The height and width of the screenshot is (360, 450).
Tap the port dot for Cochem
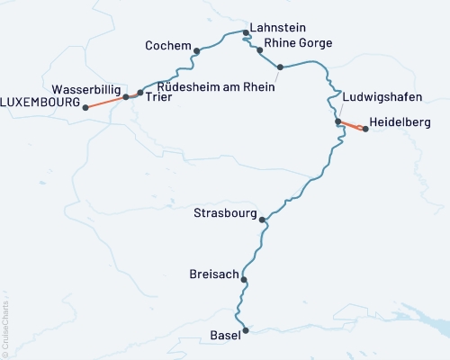pos(196,50)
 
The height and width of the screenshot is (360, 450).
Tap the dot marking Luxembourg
pos(86,107)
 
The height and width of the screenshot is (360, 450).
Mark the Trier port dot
pos(139,93)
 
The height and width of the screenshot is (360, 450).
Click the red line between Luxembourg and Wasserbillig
pos(106,102)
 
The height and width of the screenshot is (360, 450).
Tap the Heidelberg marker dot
pos(365,129)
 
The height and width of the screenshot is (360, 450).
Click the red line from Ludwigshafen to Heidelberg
pos(351,125)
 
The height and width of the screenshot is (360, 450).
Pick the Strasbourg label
pos(225,213)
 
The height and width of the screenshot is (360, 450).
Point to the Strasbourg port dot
pos(262,220)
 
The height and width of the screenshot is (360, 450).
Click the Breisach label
pos(213,273)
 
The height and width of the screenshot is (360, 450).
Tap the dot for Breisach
pos(244,279)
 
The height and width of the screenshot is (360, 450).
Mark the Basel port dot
pos(245,330)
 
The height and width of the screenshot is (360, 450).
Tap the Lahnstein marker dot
pos(246,32)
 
